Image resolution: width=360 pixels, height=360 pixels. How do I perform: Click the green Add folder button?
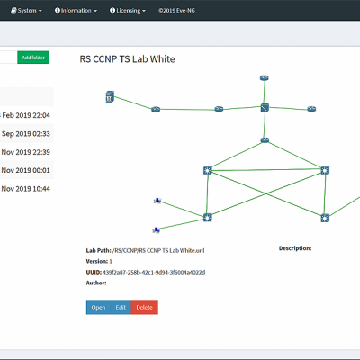tap(33, 58)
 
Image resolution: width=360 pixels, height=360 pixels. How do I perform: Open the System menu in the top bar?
tap(26, 11)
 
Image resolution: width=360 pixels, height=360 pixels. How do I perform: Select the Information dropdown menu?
tap(76, 11)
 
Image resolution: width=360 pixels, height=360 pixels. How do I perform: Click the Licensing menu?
tap(128, 11)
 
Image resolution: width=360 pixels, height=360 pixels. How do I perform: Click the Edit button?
tap(121, 307)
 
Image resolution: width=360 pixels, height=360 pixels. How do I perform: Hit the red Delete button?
tap(145, 307)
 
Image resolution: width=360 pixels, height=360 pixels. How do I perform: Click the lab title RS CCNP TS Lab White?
tap(127, 59)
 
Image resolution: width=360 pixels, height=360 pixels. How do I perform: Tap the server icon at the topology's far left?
tap(110, 96)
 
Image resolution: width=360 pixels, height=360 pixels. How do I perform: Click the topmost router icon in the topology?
tap(265, 78)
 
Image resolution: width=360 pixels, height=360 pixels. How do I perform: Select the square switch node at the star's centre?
tap(265, 107)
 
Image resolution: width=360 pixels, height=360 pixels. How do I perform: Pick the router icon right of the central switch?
tap(311, 109)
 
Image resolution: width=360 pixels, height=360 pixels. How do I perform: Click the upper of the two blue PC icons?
tap(157, 201)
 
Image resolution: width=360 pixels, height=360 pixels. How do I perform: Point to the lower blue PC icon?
tap(157, 230)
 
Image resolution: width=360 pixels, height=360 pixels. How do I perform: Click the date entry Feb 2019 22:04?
tap(26, 115)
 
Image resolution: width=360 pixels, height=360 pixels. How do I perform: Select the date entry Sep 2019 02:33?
tap(26, 134)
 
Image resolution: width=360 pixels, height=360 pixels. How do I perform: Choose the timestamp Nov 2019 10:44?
tap(25, 189)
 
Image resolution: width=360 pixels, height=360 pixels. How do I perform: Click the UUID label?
tap(94, 272)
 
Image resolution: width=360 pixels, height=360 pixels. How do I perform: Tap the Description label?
tap(295, 248)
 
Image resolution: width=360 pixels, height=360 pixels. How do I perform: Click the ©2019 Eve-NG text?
tap(176, 11)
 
